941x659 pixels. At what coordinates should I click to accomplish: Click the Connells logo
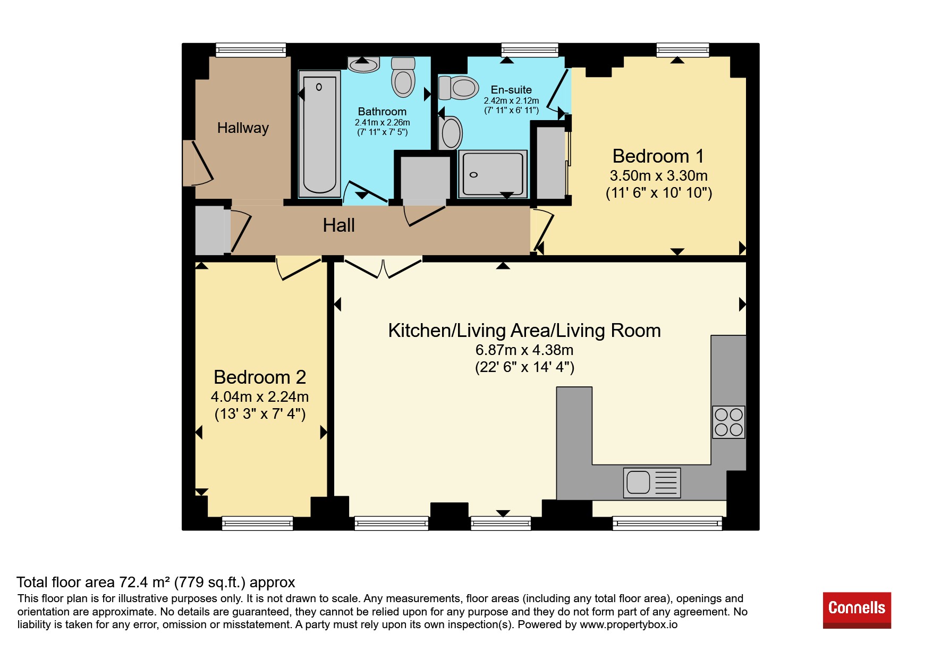tap(857, 610)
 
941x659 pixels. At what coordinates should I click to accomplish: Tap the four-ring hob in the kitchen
tap(728, 422)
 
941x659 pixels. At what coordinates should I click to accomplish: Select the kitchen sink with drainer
tap(652, 483)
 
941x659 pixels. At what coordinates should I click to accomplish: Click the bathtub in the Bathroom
tap(319, 134)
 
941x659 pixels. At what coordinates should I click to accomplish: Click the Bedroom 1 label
tap(658, 156)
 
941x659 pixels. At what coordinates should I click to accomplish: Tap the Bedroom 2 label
tap(260, 377)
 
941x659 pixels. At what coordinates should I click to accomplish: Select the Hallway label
tap(243, 128)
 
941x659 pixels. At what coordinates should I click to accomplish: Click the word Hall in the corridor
tap(338, 225)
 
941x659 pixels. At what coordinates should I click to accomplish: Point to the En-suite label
tap(511, 90)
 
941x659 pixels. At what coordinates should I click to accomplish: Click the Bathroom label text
tap(382, 112)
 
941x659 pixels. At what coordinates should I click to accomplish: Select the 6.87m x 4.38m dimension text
tap(524, 350)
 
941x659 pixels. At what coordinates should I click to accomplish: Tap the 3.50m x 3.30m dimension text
tap(658, 175)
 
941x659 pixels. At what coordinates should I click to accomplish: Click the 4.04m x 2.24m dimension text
tap(260, 396)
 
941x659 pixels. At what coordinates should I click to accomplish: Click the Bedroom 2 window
tap(257, 523)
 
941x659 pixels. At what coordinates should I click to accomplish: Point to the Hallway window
tap(251, 50)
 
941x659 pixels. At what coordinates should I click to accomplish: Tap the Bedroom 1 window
tap(683, 50)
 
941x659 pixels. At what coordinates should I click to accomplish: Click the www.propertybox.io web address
tap(629, 624)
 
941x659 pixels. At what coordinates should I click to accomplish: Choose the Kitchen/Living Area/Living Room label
tap(524, 331)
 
